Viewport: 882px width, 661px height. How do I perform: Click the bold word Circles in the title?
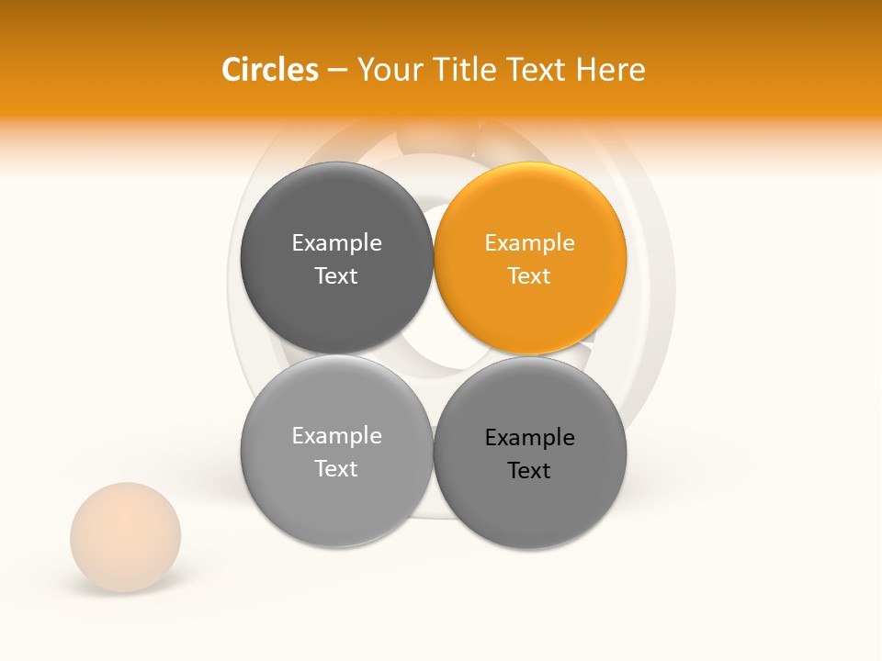269,70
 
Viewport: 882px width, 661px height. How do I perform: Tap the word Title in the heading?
460,70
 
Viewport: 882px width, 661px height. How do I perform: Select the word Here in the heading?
611,70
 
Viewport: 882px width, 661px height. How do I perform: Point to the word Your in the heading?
389,70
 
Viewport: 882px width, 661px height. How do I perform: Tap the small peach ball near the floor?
126,537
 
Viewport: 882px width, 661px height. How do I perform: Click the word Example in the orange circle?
530,243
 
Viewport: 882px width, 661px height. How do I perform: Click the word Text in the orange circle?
530,276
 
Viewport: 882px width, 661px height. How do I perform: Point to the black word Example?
530,438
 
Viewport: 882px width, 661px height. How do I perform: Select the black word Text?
530,471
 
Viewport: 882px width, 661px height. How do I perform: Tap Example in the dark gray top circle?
336,243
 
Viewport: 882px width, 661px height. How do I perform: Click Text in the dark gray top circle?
336,276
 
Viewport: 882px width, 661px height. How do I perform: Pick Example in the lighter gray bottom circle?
336,436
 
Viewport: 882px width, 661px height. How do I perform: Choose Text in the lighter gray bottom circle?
336,469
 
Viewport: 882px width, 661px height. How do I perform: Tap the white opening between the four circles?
433,354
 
